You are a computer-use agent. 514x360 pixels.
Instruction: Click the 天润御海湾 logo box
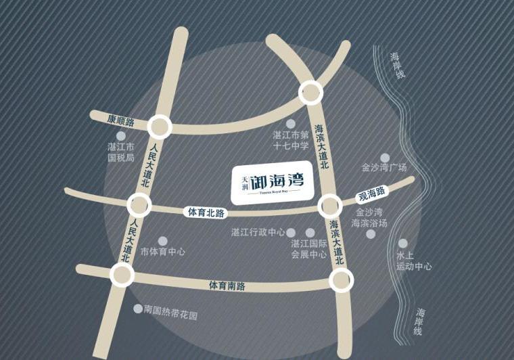pyautogui.click(x=271, y=182)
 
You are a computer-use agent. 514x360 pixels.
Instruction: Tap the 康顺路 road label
pyautogui.click(x=121, y=121)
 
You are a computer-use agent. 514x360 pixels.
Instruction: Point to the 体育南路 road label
pyautogui.click(x=227, y=286)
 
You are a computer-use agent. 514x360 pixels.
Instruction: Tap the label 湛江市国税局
pyautogui.click(x=121, y=152)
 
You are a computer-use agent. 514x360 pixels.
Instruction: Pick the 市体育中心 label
pyautogui.click(x=162, y=252)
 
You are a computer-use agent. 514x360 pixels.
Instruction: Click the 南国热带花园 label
pyautogui.click(x=170, y=315)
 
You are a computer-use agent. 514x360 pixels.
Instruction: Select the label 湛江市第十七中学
pyautogui.click(x=291, y=140)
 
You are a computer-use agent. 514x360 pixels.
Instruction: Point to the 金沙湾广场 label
pyautogui.click(x=384, y=167)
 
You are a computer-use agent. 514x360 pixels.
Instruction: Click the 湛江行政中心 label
pyautogui.click(x=258, y=233)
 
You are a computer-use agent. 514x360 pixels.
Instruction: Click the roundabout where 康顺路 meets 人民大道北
pyautogui.click(x=160, y=126)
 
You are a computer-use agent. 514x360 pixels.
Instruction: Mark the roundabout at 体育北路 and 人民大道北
pyautogui.click(x=139, y=204)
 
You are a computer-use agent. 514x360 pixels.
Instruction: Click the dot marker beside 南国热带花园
pyautogui.click(x=138, y=309)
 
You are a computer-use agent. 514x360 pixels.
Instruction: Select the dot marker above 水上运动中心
pyautogui.click(x=403, y=243)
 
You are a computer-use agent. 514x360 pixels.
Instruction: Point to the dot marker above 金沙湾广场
pyautogui.click(x=385, y=156)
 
